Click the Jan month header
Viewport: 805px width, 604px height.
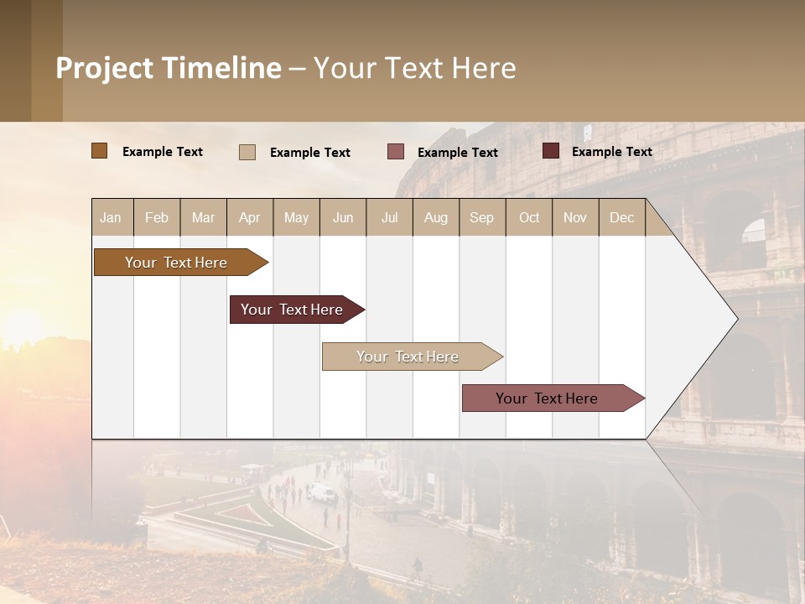coord(112,217)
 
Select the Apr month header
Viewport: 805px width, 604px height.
coord(250,217)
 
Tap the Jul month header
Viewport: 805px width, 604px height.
coord(389,217)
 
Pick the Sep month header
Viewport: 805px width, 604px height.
coord(482,217)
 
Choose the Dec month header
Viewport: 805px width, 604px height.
coord(621,217)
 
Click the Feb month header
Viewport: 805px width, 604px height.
coord(157,217)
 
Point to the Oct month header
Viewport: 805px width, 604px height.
coord(529,217)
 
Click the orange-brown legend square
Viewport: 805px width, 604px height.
coord(99,151)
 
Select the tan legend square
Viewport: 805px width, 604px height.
coord(247,152)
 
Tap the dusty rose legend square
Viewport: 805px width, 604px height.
coord(396,152)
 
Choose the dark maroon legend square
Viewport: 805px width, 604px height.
coord(551,151)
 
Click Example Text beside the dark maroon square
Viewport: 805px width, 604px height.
coord(611,151)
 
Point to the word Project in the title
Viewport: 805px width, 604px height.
coord(105,68)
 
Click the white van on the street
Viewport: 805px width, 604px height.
coord(321,492)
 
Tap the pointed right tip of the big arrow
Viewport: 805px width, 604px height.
coord(735,319)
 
